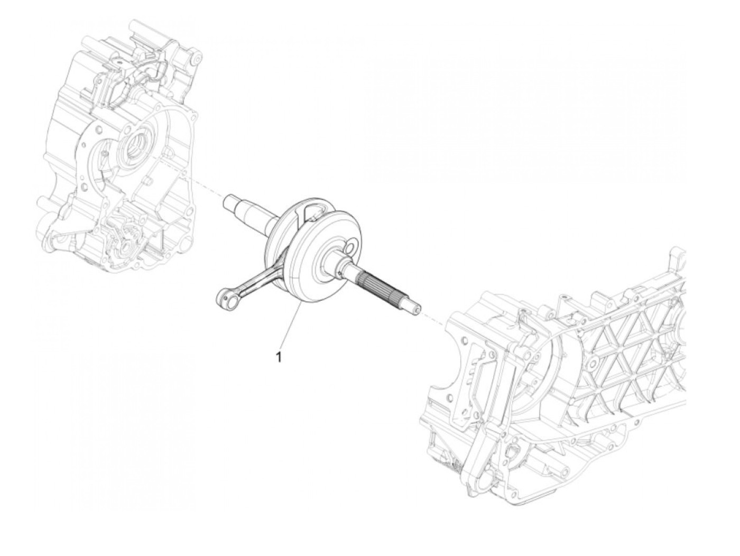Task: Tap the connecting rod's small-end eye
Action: pos(226,301)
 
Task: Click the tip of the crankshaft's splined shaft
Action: pos(418,309)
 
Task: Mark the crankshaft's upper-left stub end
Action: pos(228,201)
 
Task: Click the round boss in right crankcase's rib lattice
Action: pos(592,364)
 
